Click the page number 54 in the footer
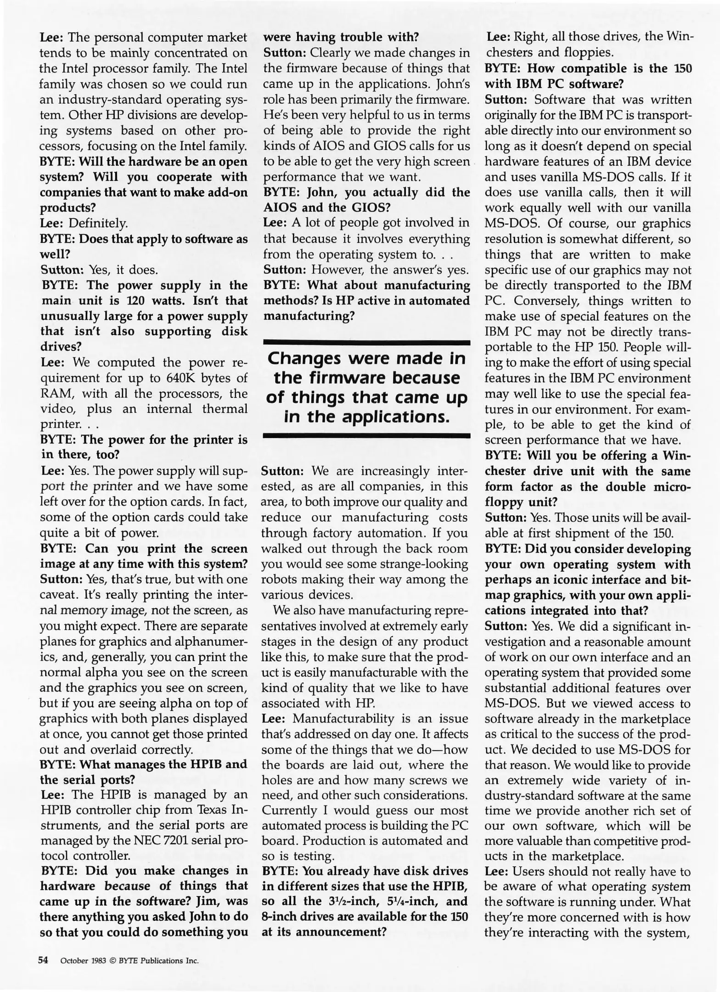point(43,960)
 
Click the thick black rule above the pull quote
point(366,342)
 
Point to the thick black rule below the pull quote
point(366,435)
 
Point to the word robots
point(280,579)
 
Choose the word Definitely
point(98,224)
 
